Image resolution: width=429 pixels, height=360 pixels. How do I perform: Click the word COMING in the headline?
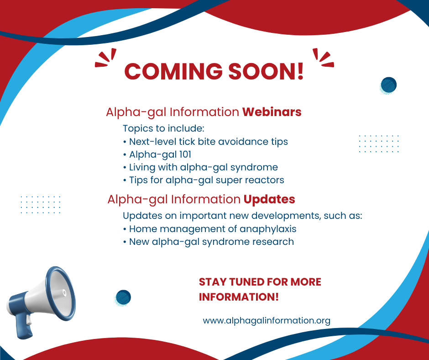(x=173, y=71)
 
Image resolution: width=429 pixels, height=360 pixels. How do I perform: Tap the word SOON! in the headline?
(x=266, y=71)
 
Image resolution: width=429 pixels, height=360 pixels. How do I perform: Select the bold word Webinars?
(x=272, y=112)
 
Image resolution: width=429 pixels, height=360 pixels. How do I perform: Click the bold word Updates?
(x=269, y=199)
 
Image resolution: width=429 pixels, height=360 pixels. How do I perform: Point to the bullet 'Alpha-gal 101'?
(x=157, y=154)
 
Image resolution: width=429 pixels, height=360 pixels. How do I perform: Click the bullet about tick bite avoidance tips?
(x=205, y=142)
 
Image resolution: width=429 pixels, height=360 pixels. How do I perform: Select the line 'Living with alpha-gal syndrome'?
(x=200, y=167)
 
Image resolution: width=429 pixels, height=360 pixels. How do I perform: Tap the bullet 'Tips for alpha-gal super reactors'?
(x=204, y=180)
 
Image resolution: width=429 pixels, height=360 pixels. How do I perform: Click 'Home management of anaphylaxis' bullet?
(x=209, y=229)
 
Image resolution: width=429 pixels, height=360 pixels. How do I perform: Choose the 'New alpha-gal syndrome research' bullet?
(x=209, y=242)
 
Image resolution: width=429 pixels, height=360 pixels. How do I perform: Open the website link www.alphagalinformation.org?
(x=267, y=321)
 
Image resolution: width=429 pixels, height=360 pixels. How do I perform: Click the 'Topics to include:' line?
(x=163, y=128)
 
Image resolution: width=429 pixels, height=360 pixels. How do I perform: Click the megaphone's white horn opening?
(x=61, y=293)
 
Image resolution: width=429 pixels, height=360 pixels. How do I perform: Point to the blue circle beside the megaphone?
(x=123, y=297)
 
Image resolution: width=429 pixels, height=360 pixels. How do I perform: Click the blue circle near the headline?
(x=388, y=85)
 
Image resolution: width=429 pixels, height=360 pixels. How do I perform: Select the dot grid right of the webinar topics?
(x=379, y=143)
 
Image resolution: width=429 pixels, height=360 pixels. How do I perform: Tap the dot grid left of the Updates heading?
(x=41, y=205)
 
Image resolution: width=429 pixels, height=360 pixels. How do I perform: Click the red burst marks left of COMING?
(x=105, y=58)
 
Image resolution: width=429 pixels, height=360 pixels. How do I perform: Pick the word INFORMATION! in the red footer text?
(x=239, y=297)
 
